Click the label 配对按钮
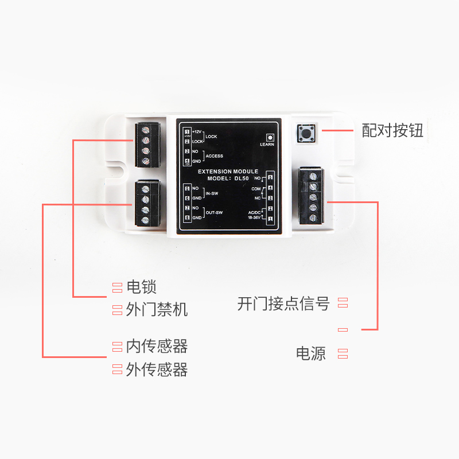(x=392, y=131)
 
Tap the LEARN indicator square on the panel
(x=270, y=138)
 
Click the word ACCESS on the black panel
(x=214, y=156)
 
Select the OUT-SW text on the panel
(x=214, y=212)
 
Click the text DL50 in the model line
(x=243, y=178)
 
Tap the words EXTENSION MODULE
(x=228, y=171)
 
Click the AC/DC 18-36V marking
(x=254, y=215)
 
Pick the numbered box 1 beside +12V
(x=187, y=132)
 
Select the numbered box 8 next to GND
(x=187, y=217)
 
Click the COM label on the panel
(x=256, y=188)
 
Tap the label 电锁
(x=141, y=287)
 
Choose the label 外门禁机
(x=157, y=310)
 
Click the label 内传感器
(x=157, y=347)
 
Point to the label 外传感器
(x=157, y=369)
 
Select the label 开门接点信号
(x=283, y=304)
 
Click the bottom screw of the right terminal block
(x=313, y=217)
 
